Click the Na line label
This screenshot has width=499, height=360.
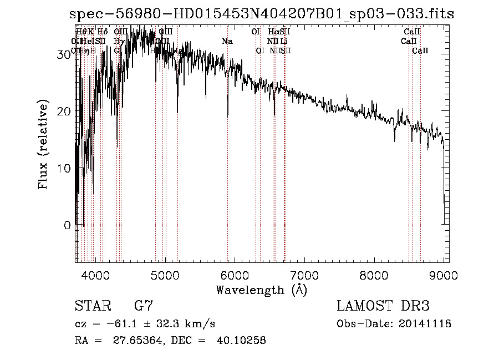(x=227, y=41)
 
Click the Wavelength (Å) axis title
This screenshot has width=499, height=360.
(x=261, y=290)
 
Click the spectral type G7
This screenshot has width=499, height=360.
(x=143, y=306)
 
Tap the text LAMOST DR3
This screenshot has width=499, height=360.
(x=383, y=306)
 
